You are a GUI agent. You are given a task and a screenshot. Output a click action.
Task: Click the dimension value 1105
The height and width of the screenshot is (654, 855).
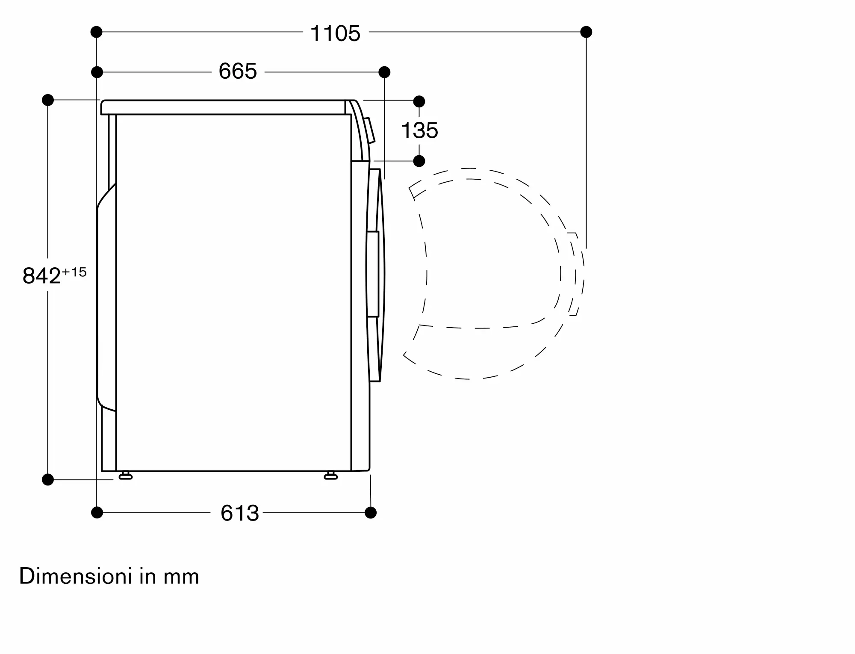coord(336,33)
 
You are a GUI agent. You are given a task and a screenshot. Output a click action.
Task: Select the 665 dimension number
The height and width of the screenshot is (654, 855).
coord(238,71)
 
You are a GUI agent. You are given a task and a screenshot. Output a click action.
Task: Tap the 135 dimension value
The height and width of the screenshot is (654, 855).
coord(420,130)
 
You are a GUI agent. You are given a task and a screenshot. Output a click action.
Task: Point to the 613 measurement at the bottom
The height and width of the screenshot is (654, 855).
coord(240,513)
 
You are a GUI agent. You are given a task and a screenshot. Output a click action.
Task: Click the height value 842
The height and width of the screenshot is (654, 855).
coord(42,276)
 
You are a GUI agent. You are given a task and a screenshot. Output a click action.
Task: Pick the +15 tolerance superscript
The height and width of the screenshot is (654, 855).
coord(74,272)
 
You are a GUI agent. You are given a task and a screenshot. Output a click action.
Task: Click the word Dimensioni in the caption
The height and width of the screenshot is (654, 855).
coord(76,576)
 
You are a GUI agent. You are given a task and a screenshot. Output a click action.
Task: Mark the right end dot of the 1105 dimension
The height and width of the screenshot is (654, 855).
coord(586,32)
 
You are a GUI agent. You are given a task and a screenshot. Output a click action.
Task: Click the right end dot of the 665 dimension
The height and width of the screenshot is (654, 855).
coord(384,72)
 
